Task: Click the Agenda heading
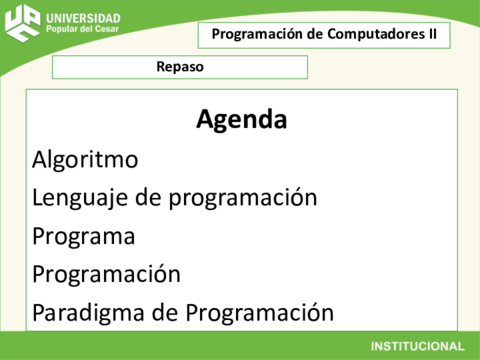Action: point(242,120)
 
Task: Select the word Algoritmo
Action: point(85,159)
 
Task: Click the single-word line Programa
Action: point(83,237)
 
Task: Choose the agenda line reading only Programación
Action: point(106,274)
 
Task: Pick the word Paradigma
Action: point(89,312)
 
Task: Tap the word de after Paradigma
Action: point(164,312)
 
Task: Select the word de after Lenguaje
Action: point(148,198)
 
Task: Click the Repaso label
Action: point(180,67)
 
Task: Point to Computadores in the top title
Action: point(373,34)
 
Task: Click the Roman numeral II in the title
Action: point(431,34)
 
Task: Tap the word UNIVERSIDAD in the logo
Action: point(84,18)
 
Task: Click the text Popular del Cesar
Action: point(83,30)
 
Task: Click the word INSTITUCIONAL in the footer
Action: point(417,346)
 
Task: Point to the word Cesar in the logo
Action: point(109,30)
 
